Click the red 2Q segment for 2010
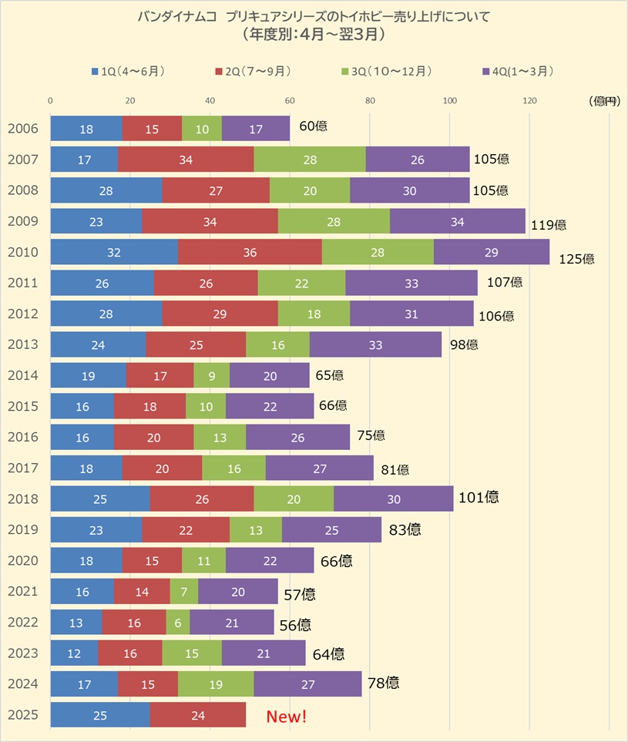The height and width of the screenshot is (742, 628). click(250, 252)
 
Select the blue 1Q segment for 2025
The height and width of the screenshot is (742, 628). click(99, 714)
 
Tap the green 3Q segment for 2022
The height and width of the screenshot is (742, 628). click(177, 622)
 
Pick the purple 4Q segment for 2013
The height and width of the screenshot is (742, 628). click(375, 344)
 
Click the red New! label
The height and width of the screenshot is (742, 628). click(286, 717)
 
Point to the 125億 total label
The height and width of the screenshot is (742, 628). click(577, 259)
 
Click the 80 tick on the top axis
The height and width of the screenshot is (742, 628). click(370, 100)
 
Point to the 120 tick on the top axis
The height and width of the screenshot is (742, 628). click(529, 100)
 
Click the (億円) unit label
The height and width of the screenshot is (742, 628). click(603, 101)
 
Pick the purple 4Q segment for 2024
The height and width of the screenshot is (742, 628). click(307, 683)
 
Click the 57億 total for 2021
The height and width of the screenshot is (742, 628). click(299, 594)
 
